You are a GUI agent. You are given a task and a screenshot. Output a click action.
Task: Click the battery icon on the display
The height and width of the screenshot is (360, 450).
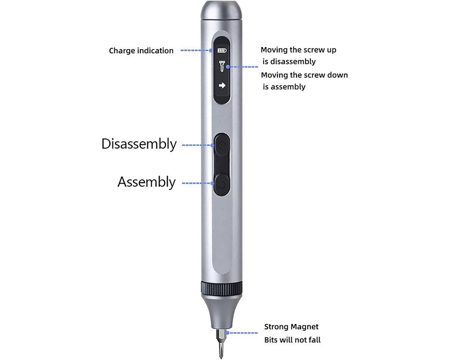point(221,51)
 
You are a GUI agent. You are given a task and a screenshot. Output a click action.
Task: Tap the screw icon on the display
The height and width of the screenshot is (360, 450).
point(221,67)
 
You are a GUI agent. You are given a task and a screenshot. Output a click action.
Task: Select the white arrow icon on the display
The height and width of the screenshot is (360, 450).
point(221,85)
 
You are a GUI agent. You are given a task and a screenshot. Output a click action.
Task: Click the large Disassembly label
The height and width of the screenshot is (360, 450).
point(139,144)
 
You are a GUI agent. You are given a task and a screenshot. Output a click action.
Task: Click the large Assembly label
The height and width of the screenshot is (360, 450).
point(146,182)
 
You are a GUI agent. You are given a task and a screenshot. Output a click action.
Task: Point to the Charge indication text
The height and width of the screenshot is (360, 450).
point(141,51)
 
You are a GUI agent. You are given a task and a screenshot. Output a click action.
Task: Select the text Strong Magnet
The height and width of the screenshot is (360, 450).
point(291,327)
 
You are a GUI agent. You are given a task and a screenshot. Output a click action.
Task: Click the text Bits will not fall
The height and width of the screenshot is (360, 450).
point(292,340)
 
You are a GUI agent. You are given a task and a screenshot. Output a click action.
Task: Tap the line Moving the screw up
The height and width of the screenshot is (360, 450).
point(298,50)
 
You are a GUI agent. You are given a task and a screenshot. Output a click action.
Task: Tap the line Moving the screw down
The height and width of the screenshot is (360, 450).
point(304,75)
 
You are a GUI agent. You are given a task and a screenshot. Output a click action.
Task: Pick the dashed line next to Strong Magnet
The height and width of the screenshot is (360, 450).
point(243,333)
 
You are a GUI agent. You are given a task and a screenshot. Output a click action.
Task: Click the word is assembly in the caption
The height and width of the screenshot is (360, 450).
point(284,87)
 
